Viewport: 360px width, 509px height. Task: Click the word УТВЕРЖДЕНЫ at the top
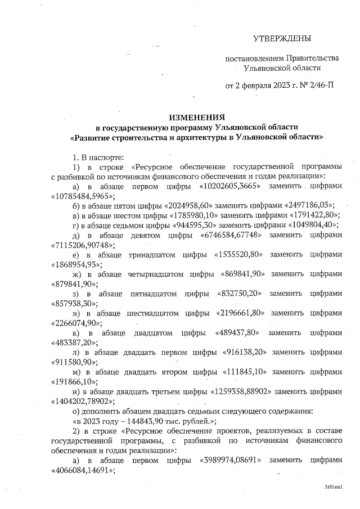click(x=282, y=38)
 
